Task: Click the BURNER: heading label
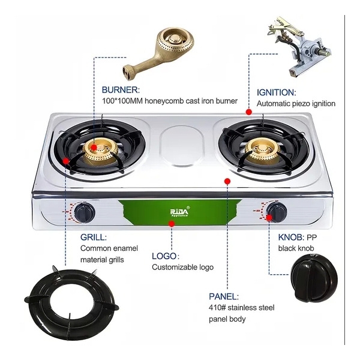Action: (121, 90)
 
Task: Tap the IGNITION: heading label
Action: (277, 92)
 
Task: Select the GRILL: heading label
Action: (94, 237)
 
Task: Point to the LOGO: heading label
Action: (166, 256)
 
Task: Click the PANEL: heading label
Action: (224, 296)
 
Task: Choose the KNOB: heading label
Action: (291, 237)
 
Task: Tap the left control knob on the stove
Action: (84, 212)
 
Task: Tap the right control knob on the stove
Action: (277, 212)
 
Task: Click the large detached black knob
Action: (314, 278)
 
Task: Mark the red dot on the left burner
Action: (94, 148)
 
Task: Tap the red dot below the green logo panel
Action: (172, 224)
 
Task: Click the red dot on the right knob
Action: (269, 217)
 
